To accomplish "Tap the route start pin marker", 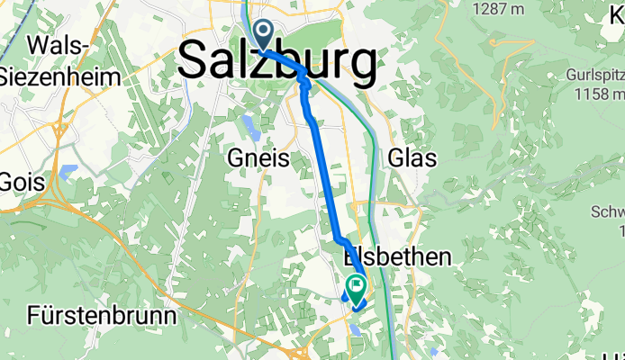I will tap(263, 34).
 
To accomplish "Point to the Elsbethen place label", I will tap(397, 258).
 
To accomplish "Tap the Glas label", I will tap(412, 158).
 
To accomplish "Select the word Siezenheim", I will tap(60, 76).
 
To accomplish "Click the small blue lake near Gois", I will tap(69, 170).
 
